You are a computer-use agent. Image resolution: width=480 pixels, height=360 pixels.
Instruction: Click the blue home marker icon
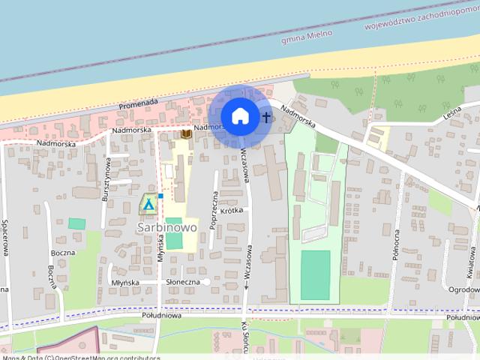[x=239, y=116]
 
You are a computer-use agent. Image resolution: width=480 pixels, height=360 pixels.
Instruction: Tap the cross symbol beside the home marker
[x=266, y=117]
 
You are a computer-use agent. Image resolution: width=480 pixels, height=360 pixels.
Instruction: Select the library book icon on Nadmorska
[x=184, y=134]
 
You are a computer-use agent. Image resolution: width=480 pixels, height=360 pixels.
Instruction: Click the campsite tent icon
[x=148, y=203]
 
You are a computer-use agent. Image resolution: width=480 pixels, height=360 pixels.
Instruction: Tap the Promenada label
[x=136, y=103]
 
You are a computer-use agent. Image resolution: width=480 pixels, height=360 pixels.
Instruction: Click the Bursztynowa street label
[x=107, y=178]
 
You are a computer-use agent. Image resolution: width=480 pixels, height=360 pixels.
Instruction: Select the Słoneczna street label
[x=183, y=281]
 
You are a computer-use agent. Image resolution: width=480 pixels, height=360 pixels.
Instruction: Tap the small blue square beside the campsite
[x=160, y=196]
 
